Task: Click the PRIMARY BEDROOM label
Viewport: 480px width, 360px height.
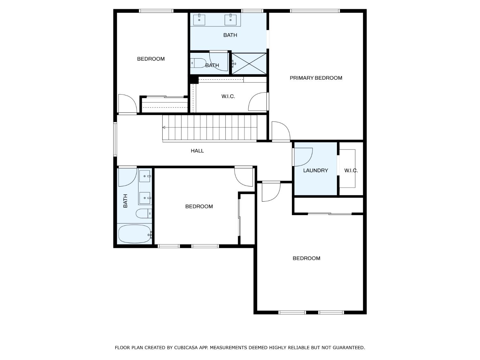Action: coord(316,78)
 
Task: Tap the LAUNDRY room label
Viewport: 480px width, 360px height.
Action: coord(316,171)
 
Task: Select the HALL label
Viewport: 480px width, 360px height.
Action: coord(197,151)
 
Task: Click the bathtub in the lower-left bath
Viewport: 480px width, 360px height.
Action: coord(134,234)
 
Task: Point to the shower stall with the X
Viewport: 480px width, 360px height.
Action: coord(249,64)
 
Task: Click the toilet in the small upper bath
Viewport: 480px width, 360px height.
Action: coord(198,63)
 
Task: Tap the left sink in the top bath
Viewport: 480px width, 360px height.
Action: coord(199,19)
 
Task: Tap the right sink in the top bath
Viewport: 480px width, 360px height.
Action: coord(230,19)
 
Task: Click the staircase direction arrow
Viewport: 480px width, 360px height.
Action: coord(164,128)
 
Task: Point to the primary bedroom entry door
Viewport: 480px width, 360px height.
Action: coord(281,131)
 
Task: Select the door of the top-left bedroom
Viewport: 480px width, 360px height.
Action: coord(127,104)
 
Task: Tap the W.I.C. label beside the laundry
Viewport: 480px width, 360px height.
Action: coord(351,171)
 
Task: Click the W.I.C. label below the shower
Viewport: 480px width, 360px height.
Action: coord(228,96)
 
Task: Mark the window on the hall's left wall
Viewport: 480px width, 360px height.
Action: coord(115,139)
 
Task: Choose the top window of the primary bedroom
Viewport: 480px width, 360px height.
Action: coord(315,11)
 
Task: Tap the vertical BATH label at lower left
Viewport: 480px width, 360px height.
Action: coord(125,201)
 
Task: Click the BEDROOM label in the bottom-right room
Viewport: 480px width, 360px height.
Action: coord(306,258)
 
